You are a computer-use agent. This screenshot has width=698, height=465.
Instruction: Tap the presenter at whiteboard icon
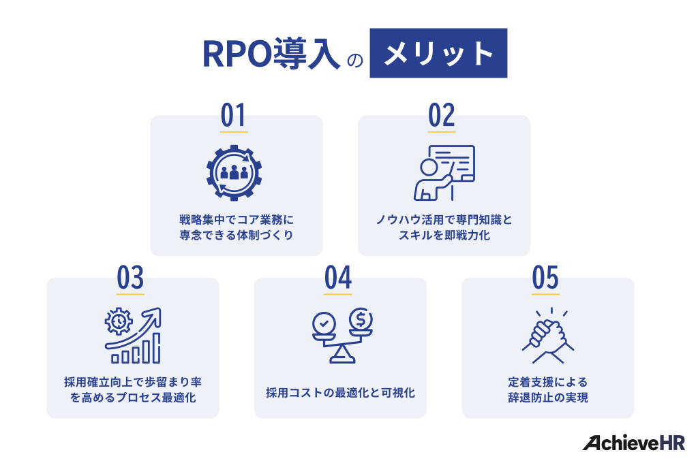[444, 172]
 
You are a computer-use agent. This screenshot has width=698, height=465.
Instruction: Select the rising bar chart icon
[133, 336]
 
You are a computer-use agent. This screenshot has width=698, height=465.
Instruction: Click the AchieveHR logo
[633, 442]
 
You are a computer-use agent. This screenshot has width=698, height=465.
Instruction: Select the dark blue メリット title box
[438, 54]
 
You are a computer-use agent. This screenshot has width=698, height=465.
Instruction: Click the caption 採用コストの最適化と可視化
[340, 393]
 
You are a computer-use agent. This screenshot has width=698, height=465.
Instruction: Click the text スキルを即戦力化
[443, 236]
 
